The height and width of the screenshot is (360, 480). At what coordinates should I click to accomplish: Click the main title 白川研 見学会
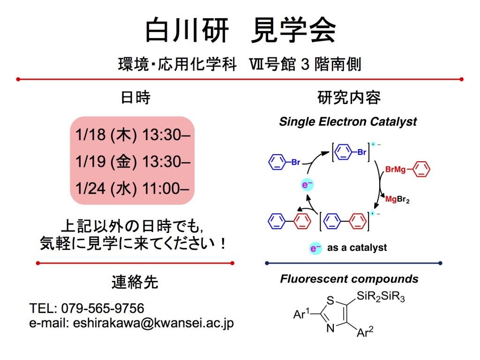pyautogui.click(x=240, y=31)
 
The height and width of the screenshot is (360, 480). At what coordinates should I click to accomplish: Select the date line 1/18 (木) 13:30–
pyautogui.click(x=132, y=135)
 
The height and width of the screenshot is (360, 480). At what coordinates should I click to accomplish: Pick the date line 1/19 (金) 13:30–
pyautogui.click(x=132, y=162)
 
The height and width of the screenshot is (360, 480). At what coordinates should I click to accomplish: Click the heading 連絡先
pyautogui.click(x=135, y=282)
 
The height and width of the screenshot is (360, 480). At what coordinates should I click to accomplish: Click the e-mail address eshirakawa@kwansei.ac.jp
pyautogui.click(x=153, y=323)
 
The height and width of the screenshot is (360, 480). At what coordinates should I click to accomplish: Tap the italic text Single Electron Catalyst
pyautogui.click(x=348, y=122)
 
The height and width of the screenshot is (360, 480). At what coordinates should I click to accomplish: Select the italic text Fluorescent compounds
pyautogui.click(x=349, y=279)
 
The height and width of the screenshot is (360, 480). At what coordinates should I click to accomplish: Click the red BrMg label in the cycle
pyautogui.click(x=395, y=169)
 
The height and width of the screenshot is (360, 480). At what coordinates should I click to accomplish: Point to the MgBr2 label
pyautogui.click(x=397, y=200)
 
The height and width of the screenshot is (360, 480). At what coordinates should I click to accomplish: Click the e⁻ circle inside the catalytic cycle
pyautogui.click(x=307, y=186)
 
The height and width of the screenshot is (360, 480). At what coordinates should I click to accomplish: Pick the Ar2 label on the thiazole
pyautogui.click(x=365, y=332)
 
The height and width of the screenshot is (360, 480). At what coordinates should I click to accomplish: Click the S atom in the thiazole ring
pyautogui.click(x=331, y=300)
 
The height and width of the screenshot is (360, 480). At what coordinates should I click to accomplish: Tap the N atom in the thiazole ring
pyautogui.click(x=330, y=329)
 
